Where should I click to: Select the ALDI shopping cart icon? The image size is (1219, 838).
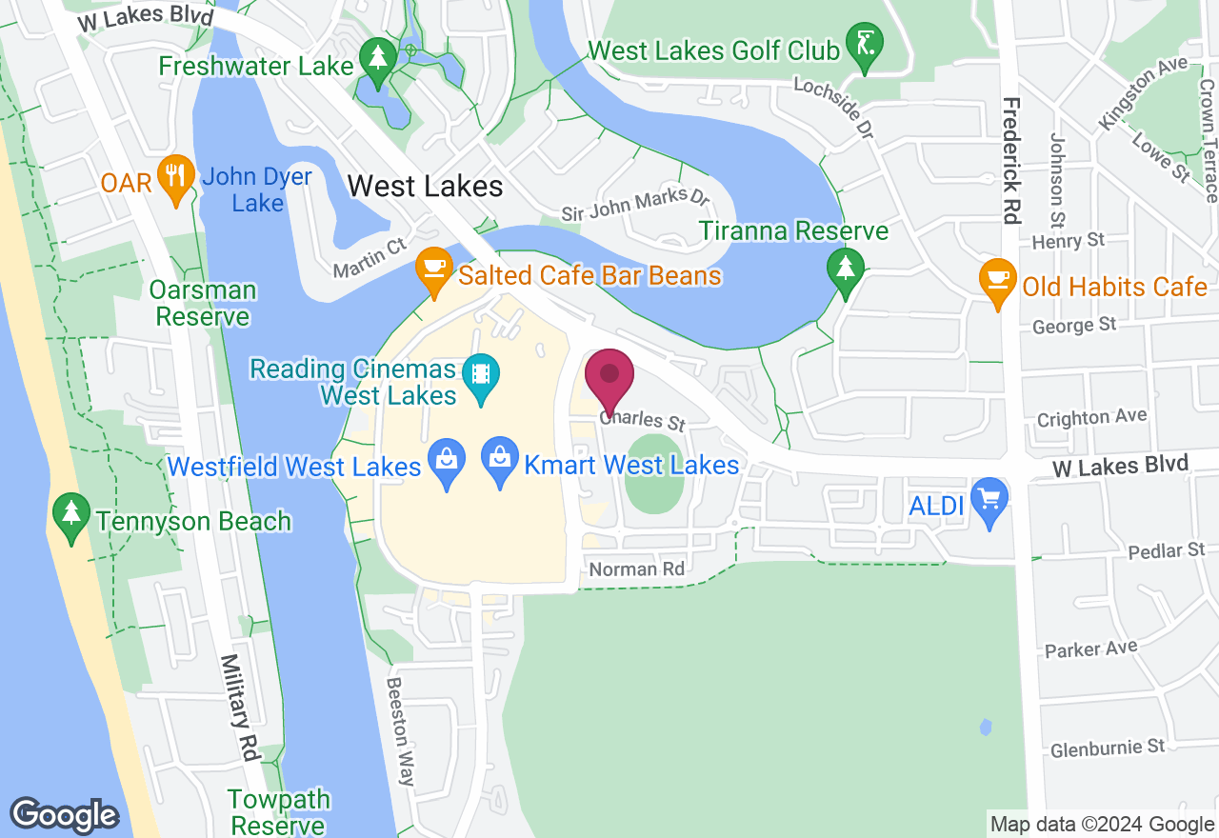pyautogui.click(x=990, y=500)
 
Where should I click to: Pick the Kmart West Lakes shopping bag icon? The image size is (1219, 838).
pyautogui.click(x=501, y=460)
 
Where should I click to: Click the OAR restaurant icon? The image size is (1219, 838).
pyautogui.click(x=175, y=176)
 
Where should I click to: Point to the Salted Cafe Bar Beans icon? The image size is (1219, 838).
pyautogui.click(x=433, y=269)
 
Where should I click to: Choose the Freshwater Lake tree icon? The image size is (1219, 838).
pyautogui.click(x=379, y=59)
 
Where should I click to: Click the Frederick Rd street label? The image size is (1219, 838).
pyautogui.click(x=1010, y=160)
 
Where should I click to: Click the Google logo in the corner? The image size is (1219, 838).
pyautogui.click(x=64, y=815)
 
